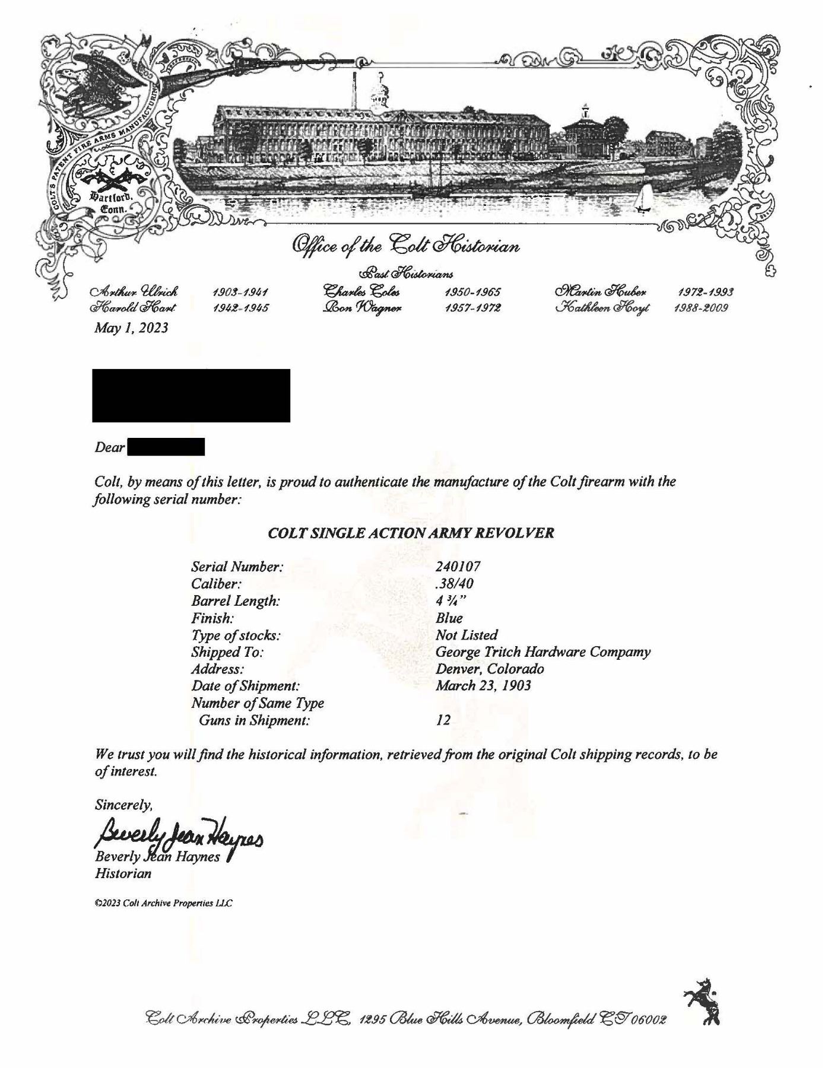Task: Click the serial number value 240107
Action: point(458,567)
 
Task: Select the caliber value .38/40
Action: point(454,584)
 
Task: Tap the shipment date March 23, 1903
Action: point(483,686)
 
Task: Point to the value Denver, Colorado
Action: point(490,669)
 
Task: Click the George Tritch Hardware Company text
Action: point(542,652)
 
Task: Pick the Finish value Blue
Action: point(449,618)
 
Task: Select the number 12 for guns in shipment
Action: point(443,720)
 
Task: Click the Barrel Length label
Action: point(235,601)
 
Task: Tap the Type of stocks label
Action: point(236,635)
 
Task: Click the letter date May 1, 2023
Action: point(131,328)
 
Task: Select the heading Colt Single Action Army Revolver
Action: point(411,533)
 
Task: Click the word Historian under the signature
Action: point(123,873)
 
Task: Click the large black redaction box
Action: point(191,395)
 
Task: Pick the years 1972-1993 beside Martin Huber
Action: point(705,292)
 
